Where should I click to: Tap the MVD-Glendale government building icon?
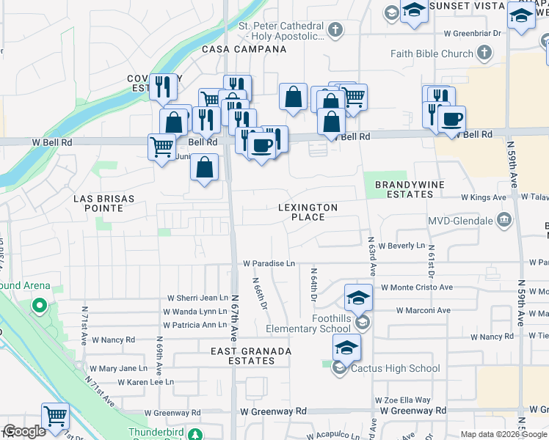(x=504, y=220)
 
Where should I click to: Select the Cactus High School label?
(x=395, y=369)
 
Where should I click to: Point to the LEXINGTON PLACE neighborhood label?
(x=308, y=213)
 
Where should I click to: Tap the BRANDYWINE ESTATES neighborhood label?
(x=404, y=189)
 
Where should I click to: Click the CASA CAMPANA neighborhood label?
(x=244, y=49)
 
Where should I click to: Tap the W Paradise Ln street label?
(x=269, y=263)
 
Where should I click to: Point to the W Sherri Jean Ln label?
(x=197, y=298)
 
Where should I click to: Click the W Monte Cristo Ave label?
(x=416, y=288)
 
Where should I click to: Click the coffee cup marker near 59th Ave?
(x=452, y=119)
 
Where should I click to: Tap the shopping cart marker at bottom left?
(x=55, y=416)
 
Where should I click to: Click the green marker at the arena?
(x=39, y=304)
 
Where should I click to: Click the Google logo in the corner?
(x=24, y=431)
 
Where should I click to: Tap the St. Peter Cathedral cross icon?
(x=335, y=30)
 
